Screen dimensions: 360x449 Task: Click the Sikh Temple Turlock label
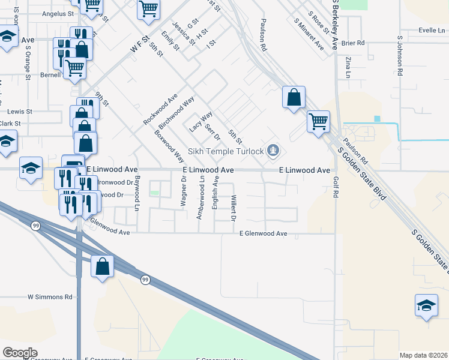click(x=226, y=151)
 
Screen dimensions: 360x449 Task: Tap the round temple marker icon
click(x=274, y=150)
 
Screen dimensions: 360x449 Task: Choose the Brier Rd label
click(x=352, y=43)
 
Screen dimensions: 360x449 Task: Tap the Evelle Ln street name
click(x=432, y=29)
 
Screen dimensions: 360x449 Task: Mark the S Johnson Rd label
click(x=399, y=55)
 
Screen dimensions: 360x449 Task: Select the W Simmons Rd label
click(x=50, y=297)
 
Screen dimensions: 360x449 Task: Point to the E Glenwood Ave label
click(x=264, y=233)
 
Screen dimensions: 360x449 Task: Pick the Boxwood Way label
click(x=169, y=146)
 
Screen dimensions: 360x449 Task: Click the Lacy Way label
click(x=201, y=122)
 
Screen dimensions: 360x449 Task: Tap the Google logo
click(x=20, y=353)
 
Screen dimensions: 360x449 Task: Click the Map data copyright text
click(x=423, y=355)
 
